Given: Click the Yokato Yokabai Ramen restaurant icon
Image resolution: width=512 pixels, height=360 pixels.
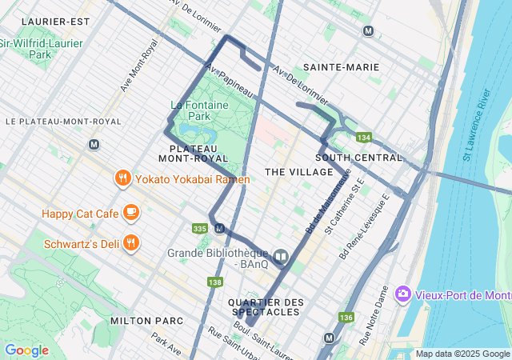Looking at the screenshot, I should coord(122,178).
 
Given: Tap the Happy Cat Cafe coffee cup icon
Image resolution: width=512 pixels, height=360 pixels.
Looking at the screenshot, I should coord(131,213).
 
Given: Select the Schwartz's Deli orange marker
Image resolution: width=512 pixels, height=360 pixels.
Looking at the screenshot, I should coord(132,241).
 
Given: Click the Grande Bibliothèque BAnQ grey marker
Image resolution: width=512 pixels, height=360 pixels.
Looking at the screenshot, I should coord(280,258).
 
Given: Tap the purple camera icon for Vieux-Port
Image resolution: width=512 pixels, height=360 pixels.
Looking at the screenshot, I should coord(402,294).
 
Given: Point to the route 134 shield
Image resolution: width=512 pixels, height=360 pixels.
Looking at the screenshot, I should coord(364,138).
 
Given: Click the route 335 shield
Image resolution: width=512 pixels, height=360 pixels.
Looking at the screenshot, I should coord(200,229).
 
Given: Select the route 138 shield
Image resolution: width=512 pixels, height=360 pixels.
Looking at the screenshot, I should coord(214,282).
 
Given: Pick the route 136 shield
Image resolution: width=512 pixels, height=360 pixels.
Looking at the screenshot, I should coord(346,318).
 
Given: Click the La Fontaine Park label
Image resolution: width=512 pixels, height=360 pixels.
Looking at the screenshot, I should coord(199,110).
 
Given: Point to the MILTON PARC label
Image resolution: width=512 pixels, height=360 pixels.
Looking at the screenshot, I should coord(146,320).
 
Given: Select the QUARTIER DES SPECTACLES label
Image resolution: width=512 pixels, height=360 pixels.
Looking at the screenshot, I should coord(266,306).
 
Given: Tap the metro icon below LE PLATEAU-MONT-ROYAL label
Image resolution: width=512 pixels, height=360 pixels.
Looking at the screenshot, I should coord(94,145).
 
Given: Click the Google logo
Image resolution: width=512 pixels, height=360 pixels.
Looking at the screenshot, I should coord(26,350).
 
